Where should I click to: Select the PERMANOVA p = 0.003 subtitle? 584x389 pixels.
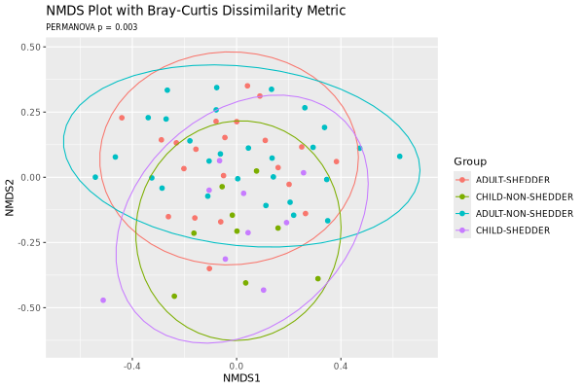[x=91, y=27]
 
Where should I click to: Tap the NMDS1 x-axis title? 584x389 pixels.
[x=241, y=377]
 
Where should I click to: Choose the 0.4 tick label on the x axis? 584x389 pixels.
[x=341, y=366]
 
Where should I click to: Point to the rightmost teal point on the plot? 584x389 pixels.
[x=399, y=157]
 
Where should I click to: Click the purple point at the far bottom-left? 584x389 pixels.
[x=103, y=301]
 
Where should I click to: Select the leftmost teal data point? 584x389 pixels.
[x=95, y=177]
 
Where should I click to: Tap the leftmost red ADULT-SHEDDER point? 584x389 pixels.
[x=122, y=118]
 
